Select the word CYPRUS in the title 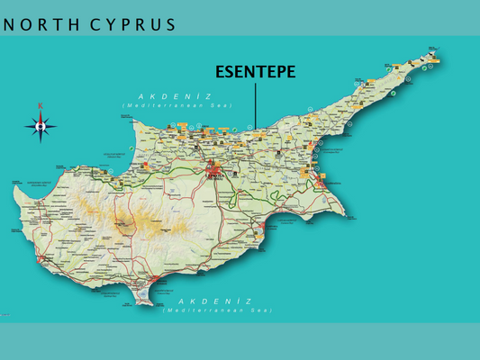tap(132, 24)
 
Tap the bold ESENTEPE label tap(255, 72)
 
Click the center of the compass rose tap(41, 127)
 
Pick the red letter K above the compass tap(41, 107)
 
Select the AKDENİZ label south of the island tap(215, 301)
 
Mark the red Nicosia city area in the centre tap(213, 167)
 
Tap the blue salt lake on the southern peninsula tap(144, 286)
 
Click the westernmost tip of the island tap(12, 183)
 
